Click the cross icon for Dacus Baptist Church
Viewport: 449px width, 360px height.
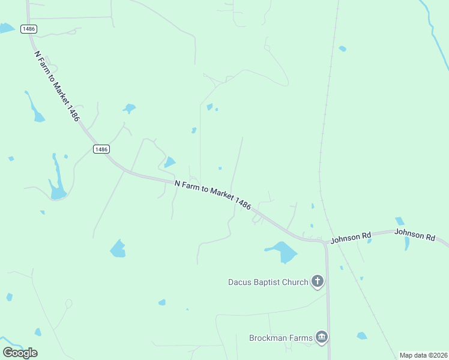click(x=318, y=281)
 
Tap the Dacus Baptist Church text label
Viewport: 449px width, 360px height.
click(x=268, y=282)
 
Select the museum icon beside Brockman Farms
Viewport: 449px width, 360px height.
click(x=322, y=338)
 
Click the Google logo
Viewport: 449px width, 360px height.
click(x=20, y=352)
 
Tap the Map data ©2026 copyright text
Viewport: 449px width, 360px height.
click(x=423, y=355)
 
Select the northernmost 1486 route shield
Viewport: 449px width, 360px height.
click(x=28, y=29)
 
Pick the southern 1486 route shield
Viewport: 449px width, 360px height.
click(x=101, y=149)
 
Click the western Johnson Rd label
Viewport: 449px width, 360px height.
click(x=351, y=238)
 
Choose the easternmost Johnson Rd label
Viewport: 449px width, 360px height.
click(x=415, y=235)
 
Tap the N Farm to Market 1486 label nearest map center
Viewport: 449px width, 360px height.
click(x=212, y=194)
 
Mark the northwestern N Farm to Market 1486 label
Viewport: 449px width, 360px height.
click(x=57, y=86)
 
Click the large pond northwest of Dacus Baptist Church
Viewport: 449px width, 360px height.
click(x=283, y=251)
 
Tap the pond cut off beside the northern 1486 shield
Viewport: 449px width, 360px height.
click(x=6, y=28)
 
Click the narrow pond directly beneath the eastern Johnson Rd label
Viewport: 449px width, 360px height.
click(x=406, y=244)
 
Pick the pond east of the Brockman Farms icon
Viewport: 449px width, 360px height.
click(x=361, y=336)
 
